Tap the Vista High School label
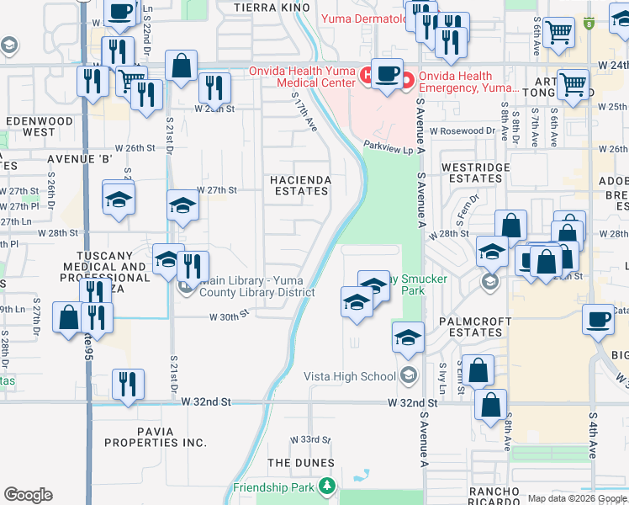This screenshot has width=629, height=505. click(x=349, y=376)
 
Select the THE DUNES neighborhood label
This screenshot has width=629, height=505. click(x=300, y=463)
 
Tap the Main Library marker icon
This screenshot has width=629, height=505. click(x=187, y=287)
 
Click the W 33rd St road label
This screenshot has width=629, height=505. click(x=310, y=440)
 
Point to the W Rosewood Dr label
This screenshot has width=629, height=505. click(x=462, y=130)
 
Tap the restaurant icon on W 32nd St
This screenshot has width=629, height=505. click(x=128, y=384)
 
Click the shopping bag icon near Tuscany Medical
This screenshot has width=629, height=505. click(x=68, y=317)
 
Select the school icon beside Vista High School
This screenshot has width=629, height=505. click(x=408, y=337)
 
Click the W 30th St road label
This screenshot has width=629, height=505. click(x=230, y=316)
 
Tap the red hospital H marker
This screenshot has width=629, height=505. click(x=367, y=75)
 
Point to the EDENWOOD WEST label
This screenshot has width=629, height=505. click(x=40, y=126)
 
